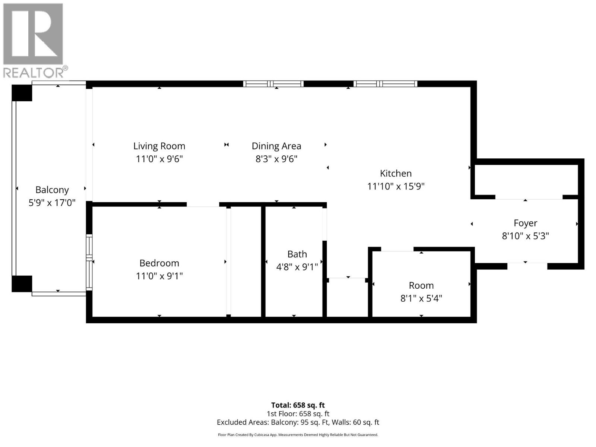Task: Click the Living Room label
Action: coord(159,146)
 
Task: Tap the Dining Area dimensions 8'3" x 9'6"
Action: coord(276,159)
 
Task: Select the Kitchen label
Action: coord(396,173)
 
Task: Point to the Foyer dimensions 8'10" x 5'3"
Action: coord(525,236)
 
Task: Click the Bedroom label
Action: coord(159,263)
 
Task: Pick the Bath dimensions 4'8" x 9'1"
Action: coord(297,267)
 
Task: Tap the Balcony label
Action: coord(52,190)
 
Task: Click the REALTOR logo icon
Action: coord(33,35)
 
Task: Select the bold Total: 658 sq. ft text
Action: coord(298,405)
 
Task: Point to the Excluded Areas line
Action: coord(298,422)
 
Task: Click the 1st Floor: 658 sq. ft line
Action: coord(298,413)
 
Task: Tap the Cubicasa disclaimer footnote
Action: coord(298,435)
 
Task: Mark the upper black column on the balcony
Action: coord(22,93)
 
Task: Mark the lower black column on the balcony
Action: coord(22,283)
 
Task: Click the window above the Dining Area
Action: coord(273,84)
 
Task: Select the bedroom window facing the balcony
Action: coord(89,262)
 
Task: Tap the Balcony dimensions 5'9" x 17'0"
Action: coord(52,203)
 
